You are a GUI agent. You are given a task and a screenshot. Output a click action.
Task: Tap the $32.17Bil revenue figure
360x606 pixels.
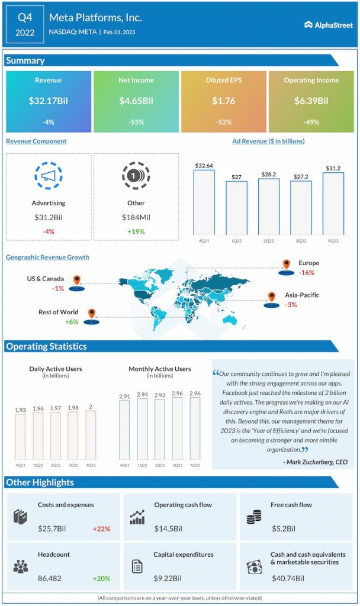pyautogui.click(x=49, y=101)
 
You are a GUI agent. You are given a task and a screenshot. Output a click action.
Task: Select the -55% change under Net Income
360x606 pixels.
pyautogui.click(x=136, y=123)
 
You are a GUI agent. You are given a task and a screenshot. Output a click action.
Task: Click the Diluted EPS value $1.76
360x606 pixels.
pyautogui.click(x=224, y=101)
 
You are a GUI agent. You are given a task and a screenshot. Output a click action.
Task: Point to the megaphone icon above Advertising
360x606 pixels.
pyautogui.click(x=49, y=176)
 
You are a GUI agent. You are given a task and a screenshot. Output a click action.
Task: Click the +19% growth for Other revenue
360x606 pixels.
pyautogui.click(x=136, y=231)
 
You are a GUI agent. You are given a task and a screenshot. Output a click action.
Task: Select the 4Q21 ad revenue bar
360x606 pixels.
pyautogui.click(x=204, y=201)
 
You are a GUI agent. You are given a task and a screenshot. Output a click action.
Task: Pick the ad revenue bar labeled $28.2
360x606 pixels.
pyautogui.click(x=268, y=206)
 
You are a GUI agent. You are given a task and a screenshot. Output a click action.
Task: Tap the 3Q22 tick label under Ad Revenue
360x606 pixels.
pyautogui.click(x=301, y=241)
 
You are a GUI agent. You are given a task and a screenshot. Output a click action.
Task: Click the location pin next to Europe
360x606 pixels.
pyautogui.click(x=286, y=264)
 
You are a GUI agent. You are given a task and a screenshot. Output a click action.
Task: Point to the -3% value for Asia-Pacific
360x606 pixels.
pyautogui.click(x=291, y=305)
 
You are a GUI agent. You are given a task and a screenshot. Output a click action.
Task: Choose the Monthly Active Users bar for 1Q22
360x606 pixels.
pyautogui.click(x=143, y=429)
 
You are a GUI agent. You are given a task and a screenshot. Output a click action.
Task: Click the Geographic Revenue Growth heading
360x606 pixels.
pyautogui.click(x=47, y=257)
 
